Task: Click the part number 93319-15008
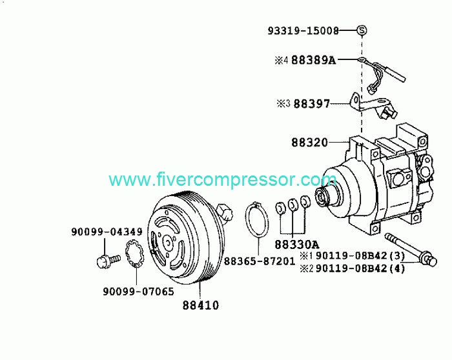tap(303, 30)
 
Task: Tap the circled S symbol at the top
tap(362, 30)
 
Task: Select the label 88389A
tap(314, 60)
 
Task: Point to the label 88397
tap(311, 104)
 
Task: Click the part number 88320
tap(309, 143)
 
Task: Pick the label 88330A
tap(297, 245)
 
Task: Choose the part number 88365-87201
tap(260, 261)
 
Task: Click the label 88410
tap(201, 305)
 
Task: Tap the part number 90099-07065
tap(138, 292)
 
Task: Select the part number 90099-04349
tap(107, 232)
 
